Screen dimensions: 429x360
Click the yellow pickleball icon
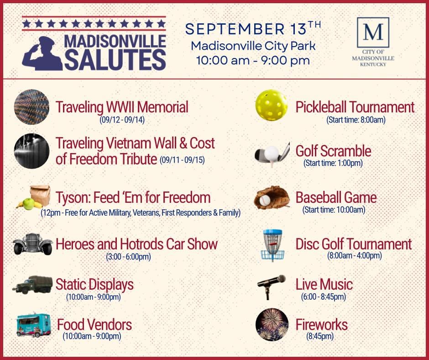tap(272, 105)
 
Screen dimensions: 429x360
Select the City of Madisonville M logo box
tap(373, 32)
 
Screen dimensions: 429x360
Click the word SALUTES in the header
tap(115, 60)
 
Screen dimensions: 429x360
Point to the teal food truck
tap(34, 325)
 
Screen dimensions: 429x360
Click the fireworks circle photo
tap(272, 324)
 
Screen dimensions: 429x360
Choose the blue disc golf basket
tap(272, 245)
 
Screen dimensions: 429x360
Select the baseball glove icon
tap(272, 198)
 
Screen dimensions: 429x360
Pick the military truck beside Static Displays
tap(32, 285)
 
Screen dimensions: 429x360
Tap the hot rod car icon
tap(32, 244)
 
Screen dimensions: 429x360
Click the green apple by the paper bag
tap(28, 204)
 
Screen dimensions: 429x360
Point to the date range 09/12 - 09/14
tap(122, 120)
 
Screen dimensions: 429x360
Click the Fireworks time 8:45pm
tap(320, 336)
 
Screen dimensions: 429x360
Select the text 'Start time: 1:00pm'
tap(333, 163)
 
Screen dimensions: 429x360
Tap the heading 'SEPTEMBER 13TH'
tap(253, 28)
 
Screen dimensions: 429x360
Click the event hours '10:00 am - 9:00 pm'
tap(253, 60)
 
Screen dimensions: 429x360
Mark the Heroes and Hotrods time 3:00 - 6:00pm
tap(128, 257)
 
